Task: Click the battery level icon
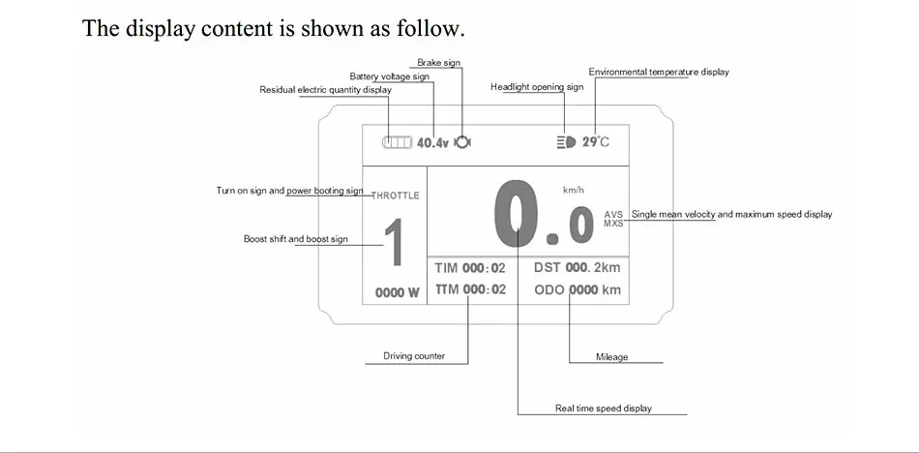click(398, 142)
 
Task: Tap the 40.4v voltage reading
click(432, 142)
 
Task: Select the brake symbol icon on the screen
click(462, 142)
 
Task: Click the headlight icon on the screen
click(566, 142)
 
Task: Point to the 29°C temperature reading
click(596, 142)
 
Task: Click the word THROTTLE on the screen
click(396, 196)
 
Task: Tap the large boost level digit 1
click(395, 242)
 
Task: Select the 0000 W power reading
click(398, 293)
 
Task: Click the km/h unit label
click(574, 190)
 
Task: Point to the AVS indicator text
click(613, 215)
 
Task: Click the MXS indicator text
click(613, 224)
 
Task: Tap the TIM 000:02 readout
click(470, 268)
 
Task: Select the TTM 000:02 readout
click(470, 289)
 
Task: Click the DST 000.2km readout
click(577, 267)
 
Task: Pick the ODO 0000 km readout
click(578, 289)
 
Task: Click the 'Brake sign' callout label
click(439, 63)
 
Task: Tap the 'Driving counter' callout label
click(414, 356)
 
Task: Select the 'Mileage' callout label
click(612, 357)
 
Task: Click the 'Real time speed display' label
click(604, 408)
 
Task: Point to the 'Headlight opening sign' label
click(537, 87)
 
